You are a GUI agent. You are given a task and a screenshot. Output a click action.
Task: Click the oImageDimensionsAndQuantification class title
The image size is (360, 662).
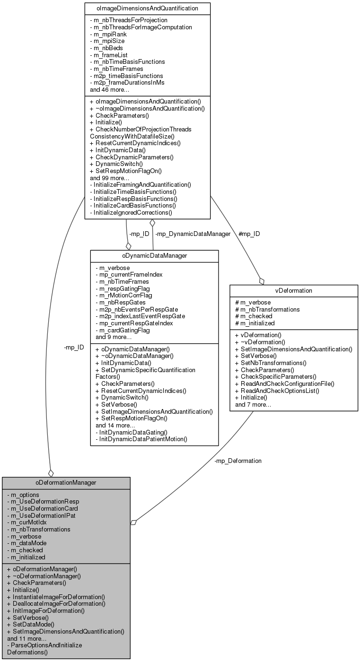148,8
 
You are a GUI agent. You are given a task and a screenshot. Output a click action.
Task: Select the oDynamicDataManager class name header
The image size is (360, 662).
154,256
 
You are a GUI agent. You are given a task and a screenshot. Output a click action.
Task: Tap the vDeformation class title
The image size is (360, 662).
293,291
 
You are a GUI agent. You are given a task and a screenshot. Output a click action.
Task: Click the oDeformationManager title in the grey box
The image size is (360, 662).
66,483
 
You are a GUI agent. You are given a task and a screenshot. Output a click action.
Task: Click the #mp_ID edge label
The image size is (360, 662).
250,234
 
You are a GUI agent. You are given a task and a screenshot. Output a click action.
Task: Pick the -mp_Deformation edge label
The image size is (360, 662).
237,461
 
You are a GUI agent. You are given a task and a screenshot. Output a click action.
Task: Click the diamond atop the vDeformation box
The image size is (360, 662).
261,281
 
